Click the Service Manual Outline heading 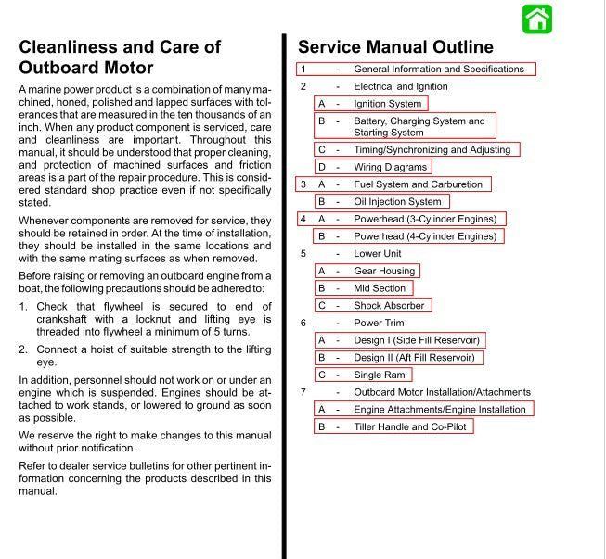(395, 47)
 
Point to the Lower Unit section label (377, 253)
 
